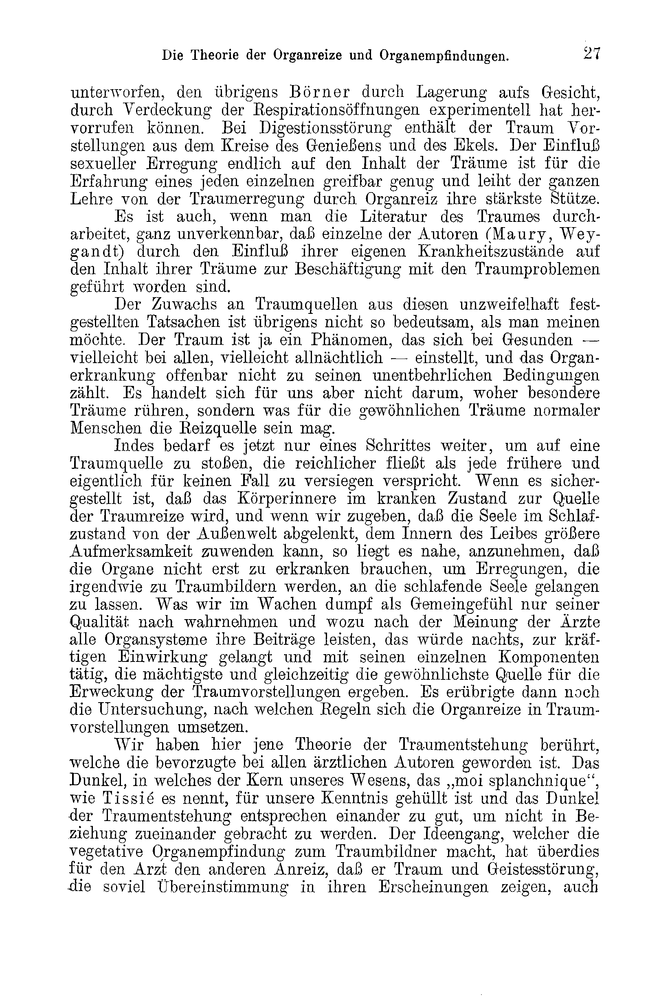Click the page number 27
[x=591, y=54]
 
